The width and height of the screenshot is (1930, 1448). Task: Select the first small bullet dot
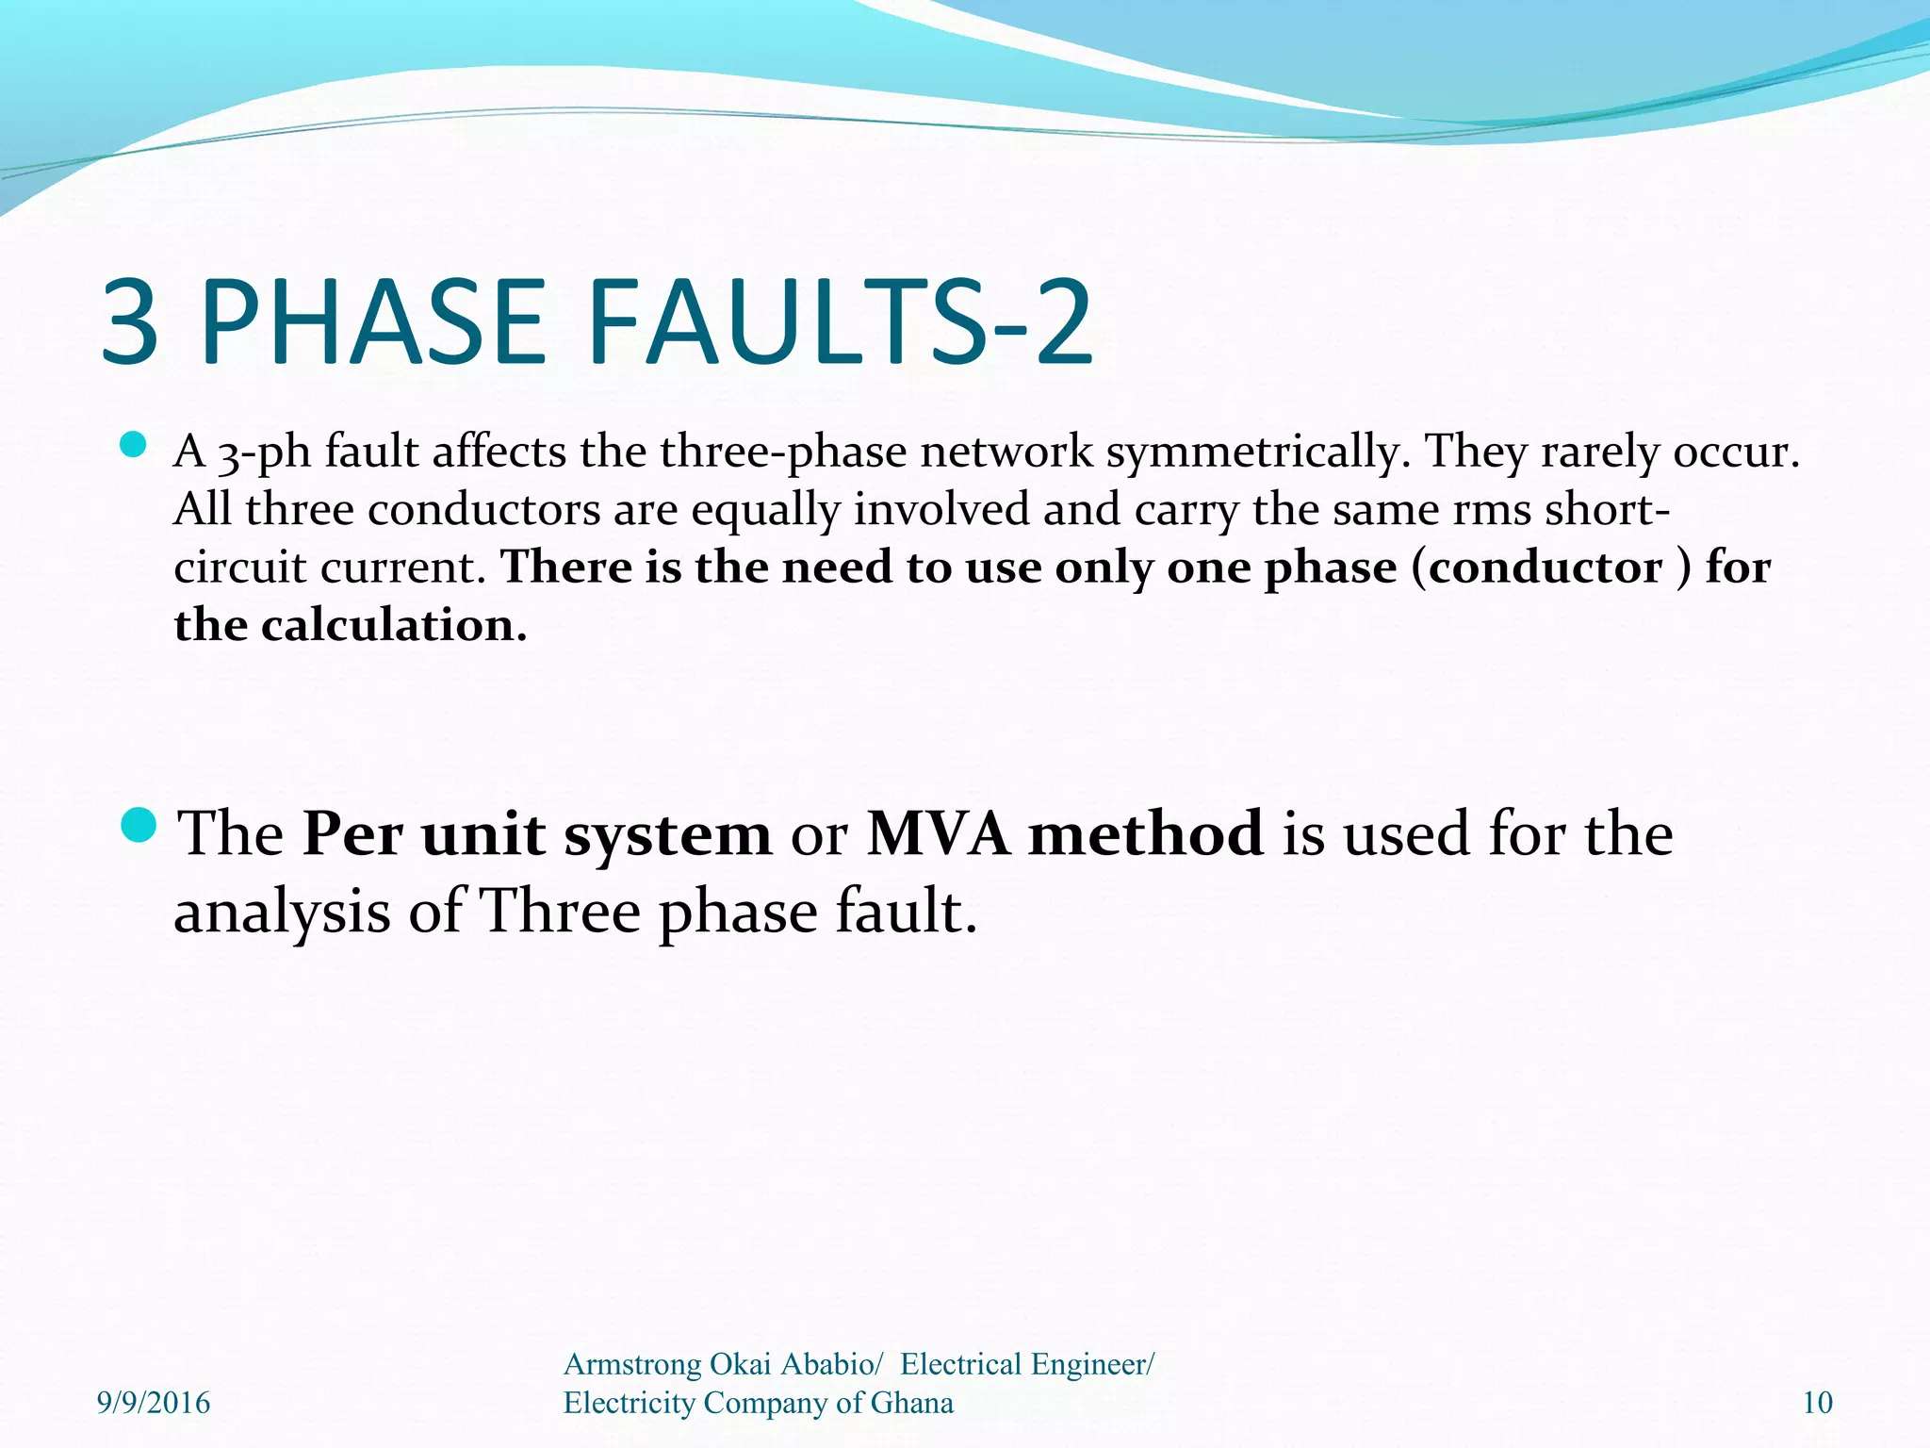pyautogui.click(x=134, y=445)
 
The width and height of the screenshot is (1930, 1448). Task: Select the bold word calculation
pyautogui.click(x=393, y=625)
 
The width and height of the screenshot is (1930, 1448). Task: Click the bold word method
pyautogui.click(x=1145, y=833)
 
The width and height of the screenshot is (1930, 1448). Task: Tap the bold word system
pyautogui.click(x=667, y=835)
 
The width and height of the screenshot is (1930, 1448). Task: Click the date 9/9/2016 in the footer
pyautogui.click(x=154, y=1403)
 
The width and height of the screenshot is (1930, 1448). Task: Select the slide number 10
pyautogui.click(x=1817, y=1403)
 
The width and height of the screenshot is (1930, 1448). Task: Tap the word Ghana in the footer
pyautogui.click(x=911, y=1403)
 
